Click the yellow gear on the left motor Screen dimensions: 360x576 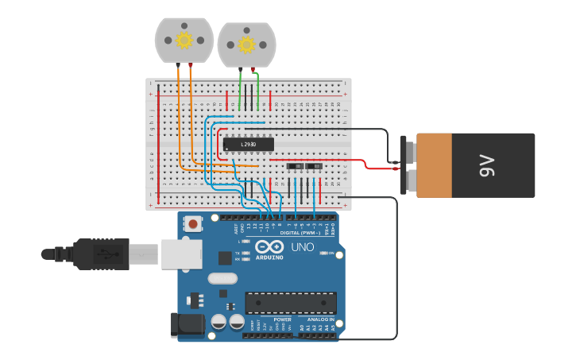click(x=184, y=40)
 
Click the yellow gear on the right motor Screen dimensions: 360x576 click(x=246, y=45)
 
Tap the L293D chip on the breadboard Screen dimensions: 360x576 click(x=248, y=144)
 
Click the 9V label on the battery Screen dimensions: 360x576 click(x=487, y=165)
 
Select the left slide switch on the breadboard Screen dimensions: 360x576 click(x=295, y=167)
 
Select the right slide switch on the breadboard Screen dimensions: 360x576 click(x=314, y=167)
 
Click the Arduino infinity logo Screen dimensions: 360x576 click(x=269, y=247)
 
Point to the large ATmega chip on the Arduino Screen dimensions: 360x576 click(x=290, y=303)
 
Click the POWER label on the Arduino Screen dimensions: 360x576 click(x=282, y=319)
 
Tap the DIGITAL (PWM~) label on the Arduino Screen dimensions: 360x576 click(x=301, y=233)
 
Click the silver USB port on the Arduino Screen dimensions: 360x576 click(x=181, y=254)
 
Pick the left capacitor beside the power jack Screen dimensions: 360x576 click(x=218, y=322)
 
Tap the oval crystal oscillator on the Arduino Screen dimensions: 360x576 click(x=223, y=279)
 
